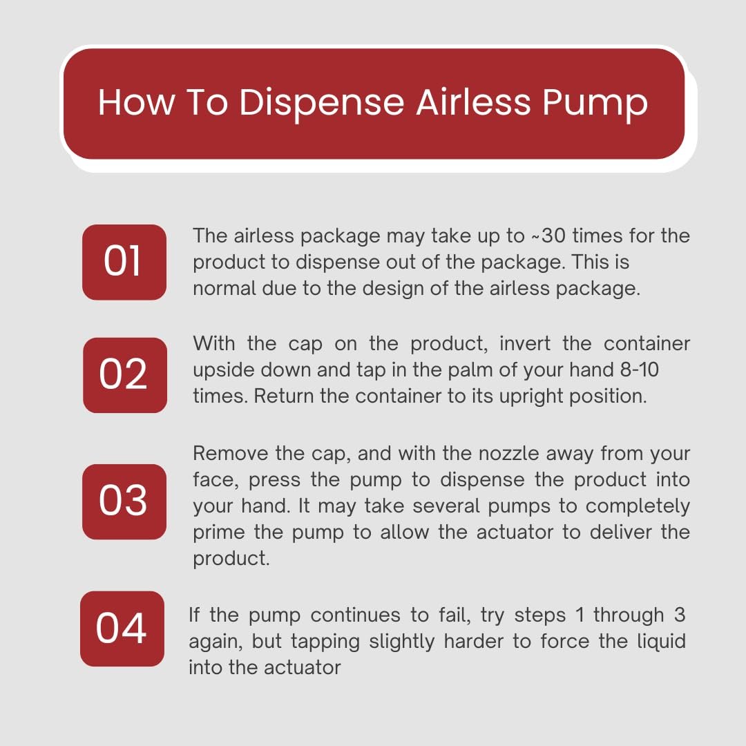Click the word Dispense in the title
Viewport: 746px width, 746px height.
[322, 103]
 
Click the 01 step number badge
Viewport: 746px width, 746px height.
[124, 262]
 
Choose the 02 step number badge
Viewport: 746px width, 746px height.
[124, 375]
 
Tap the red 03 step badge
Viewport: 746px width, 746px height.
[124, 501]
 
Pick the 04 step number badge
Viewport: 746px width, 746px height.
[122, 629]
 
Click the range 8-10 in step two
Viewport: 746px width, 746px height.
[640, 370]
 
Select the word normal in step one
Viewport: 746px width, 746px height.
[224, 288]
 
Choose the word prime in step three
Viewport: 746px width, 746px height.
[219, 533]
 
